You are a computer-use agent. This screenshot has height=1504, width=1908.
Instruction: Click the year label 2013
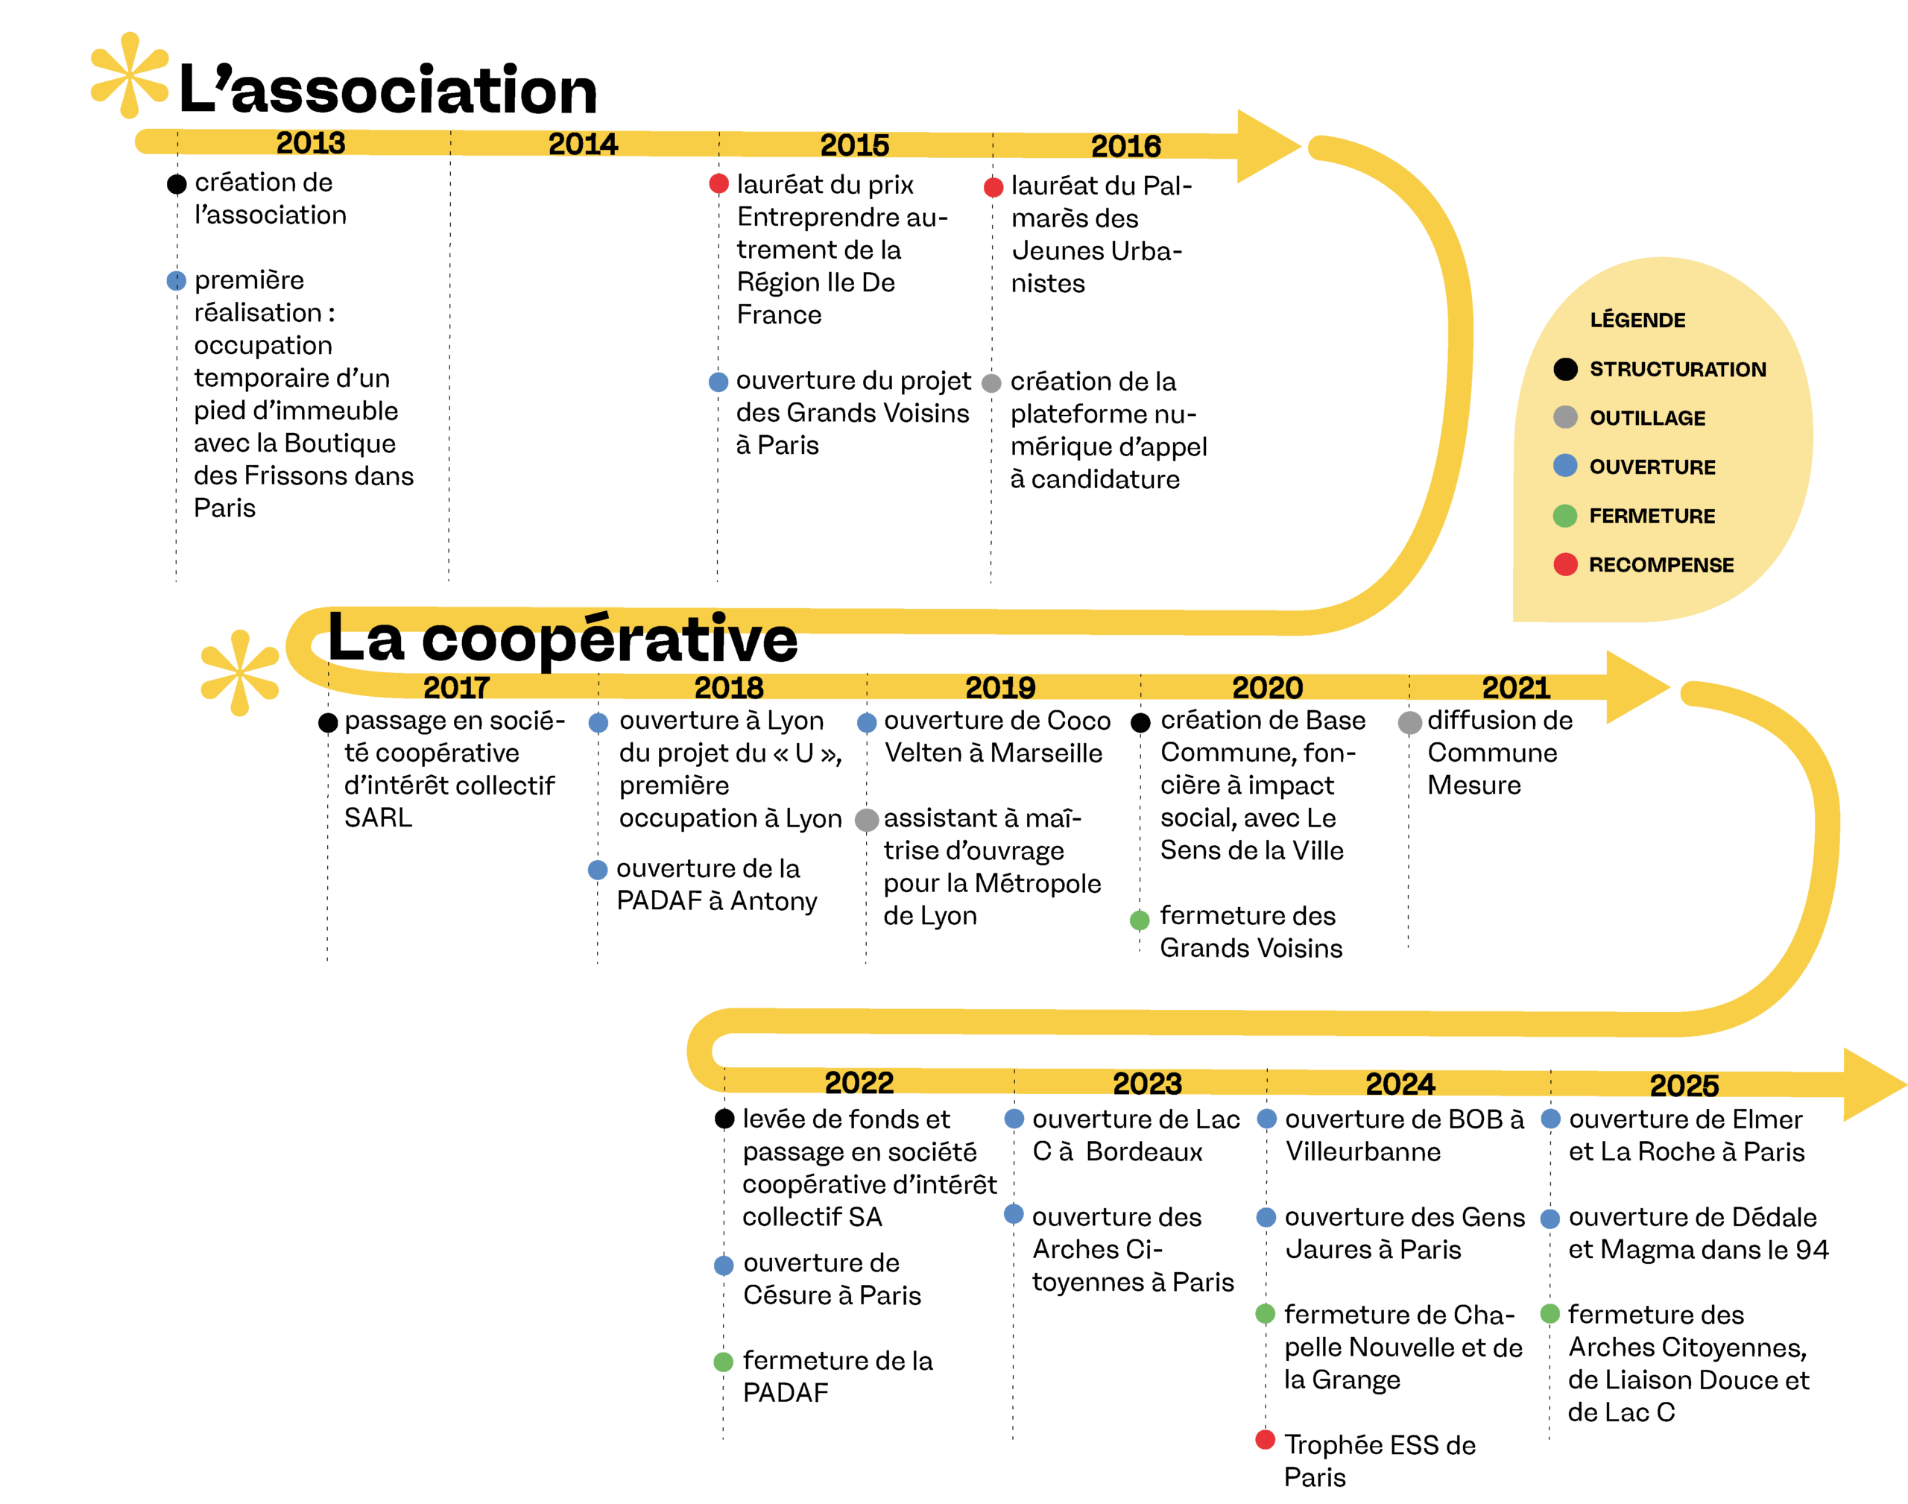[310, 142]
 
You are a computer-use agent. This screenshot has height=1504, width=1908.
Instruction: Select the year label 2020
[1266, 687]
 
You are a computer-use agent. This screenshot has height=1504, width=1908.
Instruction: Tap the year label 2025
[1683, 1085]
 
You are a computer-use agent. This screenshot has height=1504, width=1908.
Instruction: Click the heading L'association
[388, 90]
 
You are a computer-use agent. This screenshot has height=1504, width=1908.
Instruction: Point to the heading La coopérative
[562, 639]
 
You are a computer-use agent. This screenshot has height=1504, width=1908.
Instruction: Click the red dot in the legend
[1564, 563]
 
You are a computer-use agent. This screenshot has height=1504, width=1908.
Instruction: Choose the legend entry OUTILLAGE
[1646, 418]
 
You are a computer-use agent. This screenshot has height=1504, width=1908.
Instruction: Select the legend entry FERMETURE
[1651, 516]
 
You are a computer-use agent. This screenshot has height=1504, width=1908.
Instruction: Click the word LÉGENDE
[1637, 320]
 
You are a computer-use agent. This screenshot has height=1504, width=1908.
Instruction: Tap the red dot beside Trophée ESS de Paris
[1264, 1439]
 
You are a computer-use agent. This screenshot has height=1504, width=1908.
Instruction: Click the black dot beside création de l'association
[177, 184]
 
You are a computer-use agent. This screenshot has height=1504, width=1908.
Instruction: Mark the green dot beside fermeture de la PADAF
[723, 1362]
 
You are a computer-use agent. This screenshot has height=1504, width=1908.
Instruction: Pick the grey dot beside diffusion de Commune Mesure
[1409, 722]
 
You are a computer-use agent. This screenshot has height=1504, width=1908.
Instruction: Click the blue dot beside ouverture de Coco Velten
[866, 722]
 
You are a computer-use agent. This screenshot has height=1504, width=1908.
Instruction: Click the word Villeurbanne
[1362, 1151]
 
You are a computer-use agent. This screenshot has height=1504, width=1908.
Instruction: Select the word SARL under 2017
[378, 818]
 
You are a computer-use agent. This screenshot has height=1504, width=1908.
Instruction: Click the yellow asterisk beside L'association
[130, 76]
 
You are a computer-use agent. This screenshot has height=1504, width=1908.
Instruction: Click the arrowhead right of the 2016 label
[1266, 146]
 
